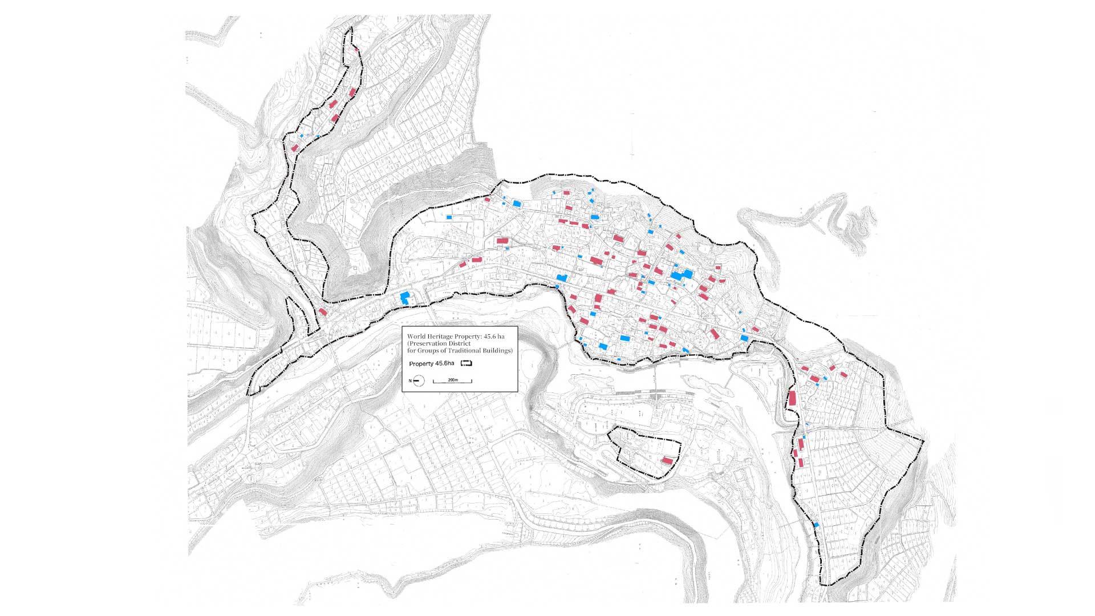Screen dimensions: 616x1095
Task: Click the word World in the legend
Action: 416,337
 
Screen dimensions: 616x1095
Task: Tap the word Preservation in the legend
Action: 428,343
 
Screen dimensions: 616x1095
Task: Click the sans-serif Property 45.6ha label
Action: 432,363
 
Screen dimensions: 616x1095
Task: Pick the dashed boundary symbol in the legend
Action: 467,363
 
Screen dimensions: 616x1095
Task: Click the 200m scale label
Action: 453,380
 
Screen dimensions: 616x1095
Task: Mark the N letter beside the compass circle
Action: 410,380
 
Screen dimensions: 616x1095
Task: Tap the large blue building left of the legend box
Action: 405,298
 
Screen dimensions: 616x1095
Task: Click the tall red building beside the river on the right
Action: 792,398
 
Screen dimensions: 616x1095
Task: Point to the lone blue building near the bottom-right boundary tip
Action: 816,524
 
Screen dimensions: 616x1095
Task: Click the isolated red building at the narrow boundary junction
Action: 322,312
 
